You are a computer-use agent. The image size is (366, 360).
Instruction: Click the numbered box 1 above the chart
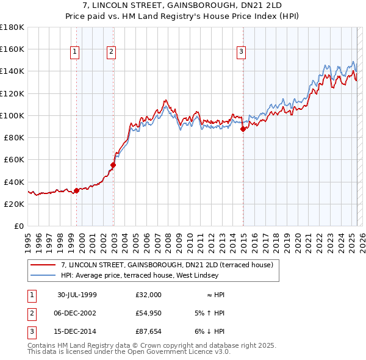74,52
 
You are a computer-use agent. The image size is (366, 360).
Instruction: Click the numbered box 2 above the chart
112,52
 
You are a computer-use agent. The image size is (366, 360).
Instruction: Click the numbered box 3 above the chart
242,52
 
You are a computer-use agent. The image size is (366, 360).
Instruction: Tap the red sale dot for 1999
76,190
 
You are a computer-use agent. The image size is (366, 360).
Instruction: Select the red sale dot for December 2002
113,165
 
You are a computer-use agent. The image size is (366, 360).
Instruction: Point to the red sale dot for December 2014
243,129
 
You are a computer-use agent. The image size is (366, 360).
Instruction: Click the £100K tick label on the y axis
12,115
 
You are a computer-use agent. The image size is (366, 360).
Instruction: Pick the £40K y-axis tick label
14,182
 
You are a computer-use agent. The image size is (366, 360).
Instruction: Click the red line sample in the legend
43,265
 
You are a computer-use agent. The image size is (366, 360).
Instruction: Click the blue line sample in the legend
43,275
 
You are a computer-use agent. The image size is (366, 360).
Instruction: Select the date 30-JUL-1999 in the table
77,295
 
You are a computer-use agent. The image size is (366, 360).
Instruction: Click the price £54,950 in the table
149,313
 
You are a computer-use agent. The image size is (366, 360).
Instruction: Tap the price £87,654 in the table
149,331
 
